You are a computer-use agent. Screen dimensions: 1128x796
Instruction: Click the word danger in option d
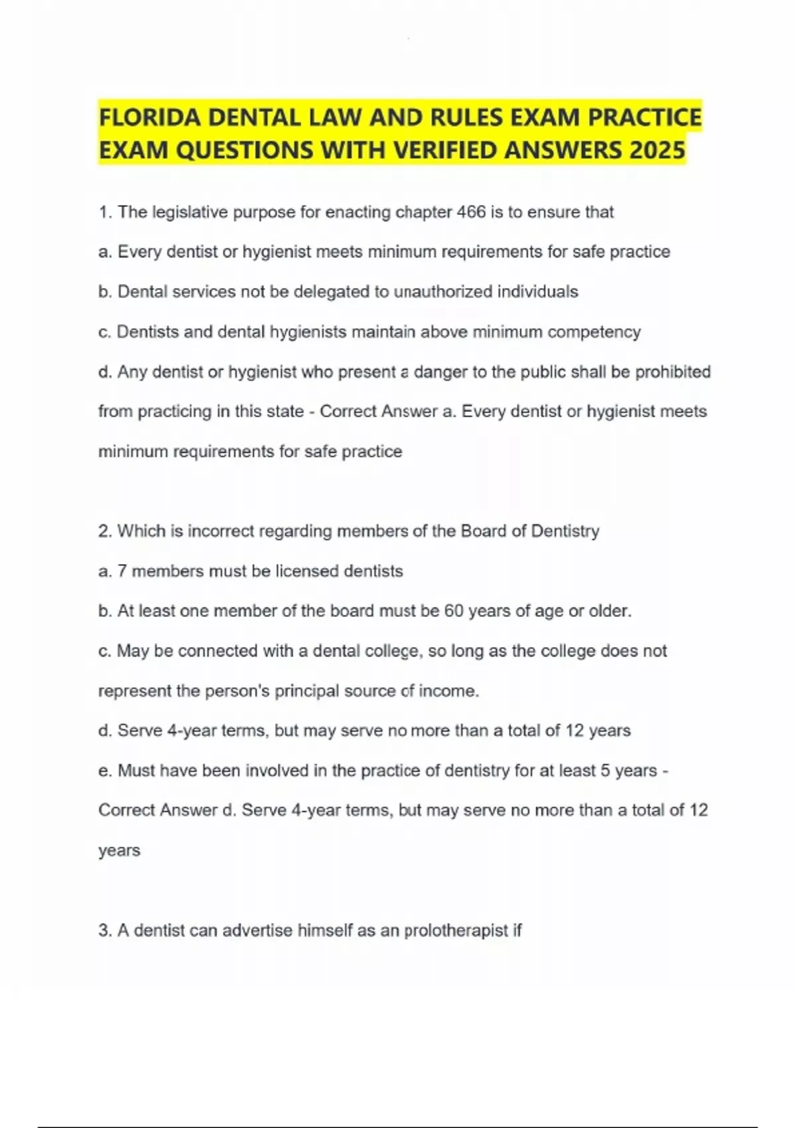[440, 372]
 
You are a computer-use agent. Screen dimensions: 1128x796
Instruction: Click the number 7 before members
[122, 571]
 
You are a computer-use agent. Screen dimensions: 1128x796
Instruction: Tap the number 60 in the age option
[454, 610]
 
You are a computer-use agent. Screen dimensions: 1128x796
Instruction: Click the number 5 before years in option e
[605, 770]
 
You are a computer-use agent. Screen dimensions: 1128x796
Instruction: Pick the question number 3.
[104, 930]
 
